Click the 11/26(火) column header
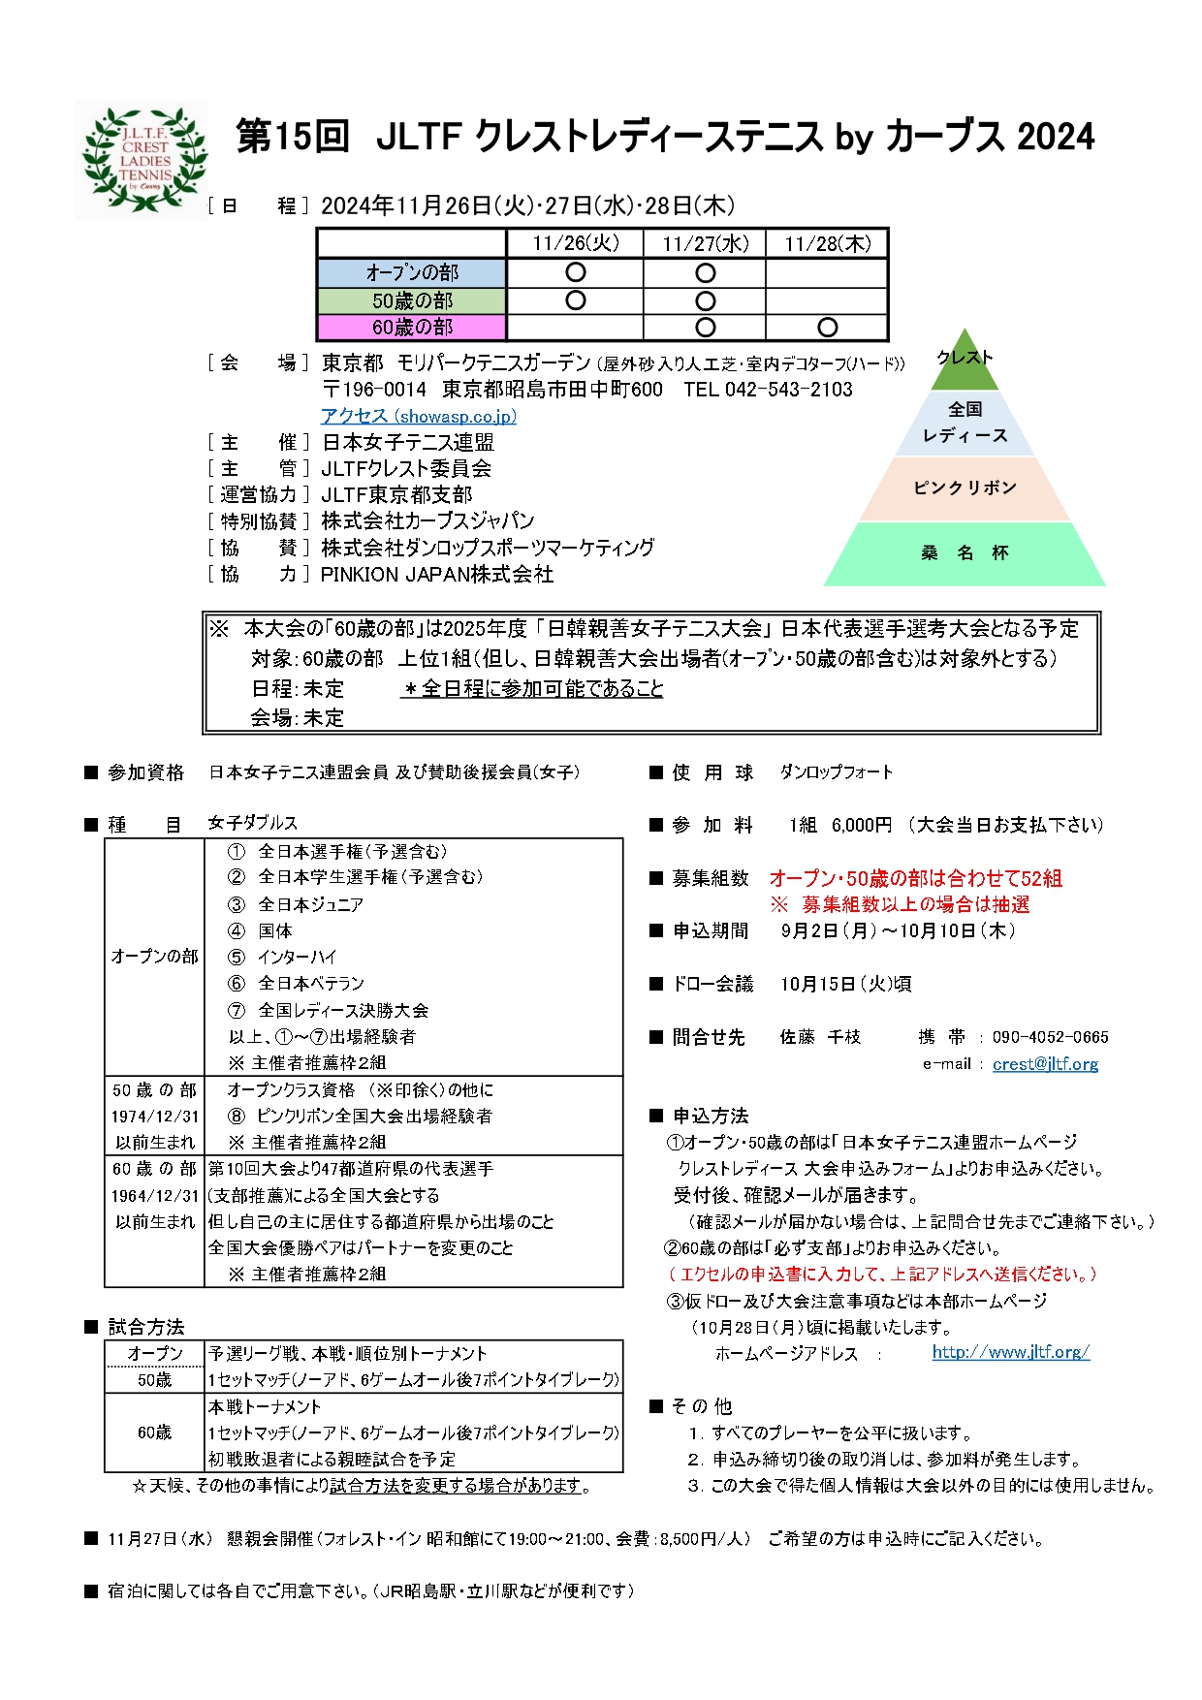(575, 243)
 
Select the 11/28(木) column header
(827, 243)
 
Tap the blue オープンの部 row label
(412, 272)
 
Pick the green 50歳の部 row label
(412, 300)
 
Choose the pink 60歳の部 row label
(412, 327)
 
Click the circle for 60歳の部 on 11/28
(827, 328)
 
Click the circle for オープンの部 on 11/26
(575, 272)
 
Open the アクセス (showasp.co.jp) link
(419, 416)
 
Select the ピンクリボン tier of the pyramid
(965, 488)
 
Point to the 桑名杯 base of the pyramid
(965, 553)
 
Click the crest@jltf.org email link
(1045, 1064)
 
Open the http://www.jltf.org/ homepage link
(1010, 1352)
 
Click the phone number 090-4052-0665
(1050, 1037)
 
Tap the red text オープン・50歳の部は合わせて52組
(915, 878)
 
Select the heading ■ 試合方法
(135, 1327)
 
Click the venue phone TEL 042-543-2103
(768, 390)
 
